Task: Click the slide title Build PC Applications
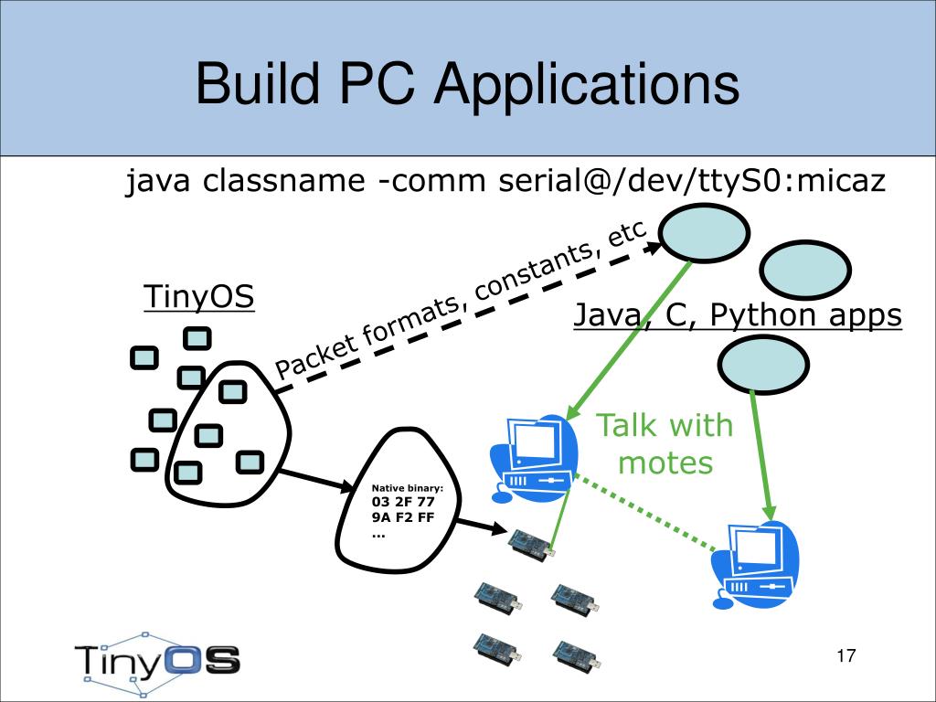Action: [x=467, y=85]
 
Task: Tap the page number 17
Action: [x=846, y=655]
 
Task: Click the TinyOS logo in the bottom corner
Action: [x=157, y=663]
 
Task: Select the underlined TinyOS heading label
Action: [x=198, y=296]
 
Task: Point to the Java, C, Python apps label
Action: [x=738, y=314]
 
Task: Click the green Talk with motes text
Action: [x=665, y=443]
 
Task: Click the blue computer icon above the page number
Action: [x=754, y=564]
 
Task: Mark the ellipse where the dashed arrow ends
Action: [x=704, y=233]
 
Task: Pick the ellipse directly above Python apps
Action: [x=806, y=270]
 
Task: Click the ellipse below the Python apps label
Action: [x=763, y=364]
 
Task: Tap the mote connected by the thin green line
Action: [x=532, y=545]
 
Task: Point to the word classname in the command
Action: [x=283, y=180]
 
